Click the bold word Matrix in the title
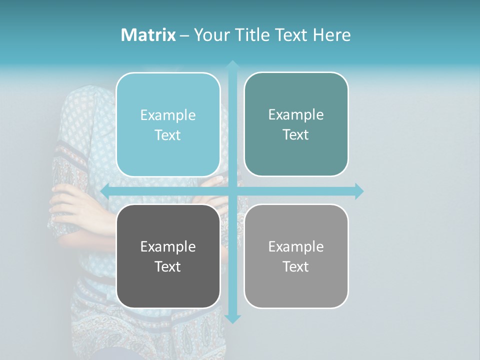click(148, 35)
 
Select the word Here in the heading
click(331, 35)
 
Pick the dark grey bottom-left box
click(168, 285)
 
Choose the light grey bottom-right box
click(296, 285)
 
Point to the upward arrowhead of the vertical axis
click(232, 65)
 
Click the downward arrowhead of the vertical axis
click(232, 318)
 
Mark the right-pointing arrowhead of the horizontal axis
click(358, 191)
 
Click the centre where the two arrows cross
click(232, 191)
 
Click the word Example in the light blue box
click(168, 115)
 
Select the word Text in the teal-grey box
click(296, 135)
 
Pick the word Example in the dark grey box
click(168, 246)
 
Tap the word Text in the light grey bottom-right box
click(296, 266)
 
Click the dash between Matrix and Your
click(184, 35)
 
